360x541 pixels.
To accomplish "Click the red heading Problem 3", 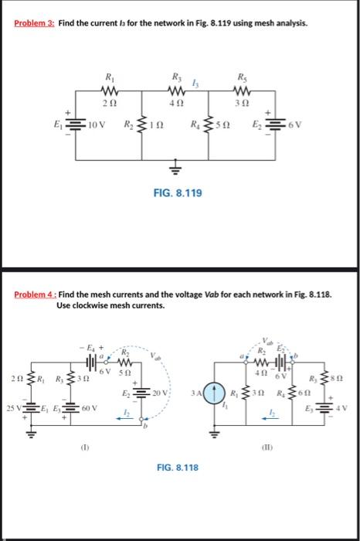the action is pyautogui.click(x=34, y=23).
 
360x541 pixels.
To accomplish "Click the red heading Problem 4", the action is pyautogui.click(x=36, y=294).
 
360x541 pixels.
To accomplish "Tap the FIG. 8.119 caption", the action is pyautogui.click(x=178, y=193).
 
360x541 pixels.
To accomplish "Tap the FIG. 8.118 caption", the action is pyautogui.click(x=178, y=468).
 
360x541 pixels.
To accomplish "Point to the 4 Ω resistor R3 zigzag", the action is pyautogui.click(x=177, y=91).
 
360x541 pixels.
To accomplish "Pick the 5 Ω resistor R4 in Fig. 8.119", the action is pyautogui.click(x=208, y=124).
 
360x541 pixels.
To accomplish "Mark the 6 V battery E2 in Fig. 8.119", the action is pyautogui.click(x=275, y=124).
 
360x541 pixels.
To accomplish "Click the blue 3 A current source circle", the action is pyautogui.click(x=214, y=393).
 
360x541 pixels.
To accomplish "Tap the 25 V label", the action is pyautogui.click(x=14, y=408).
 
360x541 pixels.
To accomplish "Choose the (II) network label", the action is pyautogui.click(x=267, y=447).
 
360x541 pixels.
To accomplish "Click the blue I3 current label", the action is pyautogui.click(x=195, y=83).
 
